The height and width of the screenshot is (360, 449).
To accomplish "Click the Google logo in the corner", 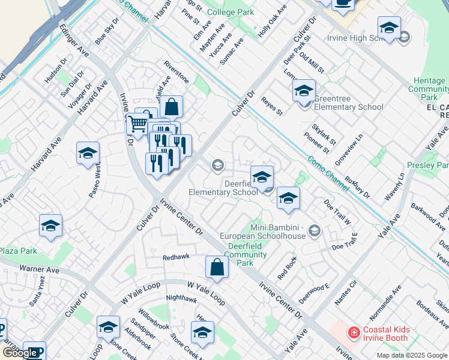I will (x=19, y=353).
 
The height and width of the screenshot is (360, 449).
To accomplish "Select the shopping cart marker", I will (x=139, y=125).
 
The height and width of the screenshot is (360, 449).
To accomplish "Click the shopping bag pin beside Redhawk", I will (x=217, y=268).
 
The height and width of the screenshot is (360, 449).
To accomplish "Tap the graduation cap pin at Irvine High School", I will (x=389, y=28).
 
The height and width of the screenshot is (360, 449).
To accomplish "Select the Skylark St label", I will (x=324, y=137).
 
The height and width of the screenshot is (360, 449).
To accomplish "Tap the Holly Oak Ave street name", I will (x=272, y=21).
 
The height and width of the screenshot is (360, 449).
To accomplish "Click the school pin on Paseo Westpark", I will (x=88, y=154).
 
